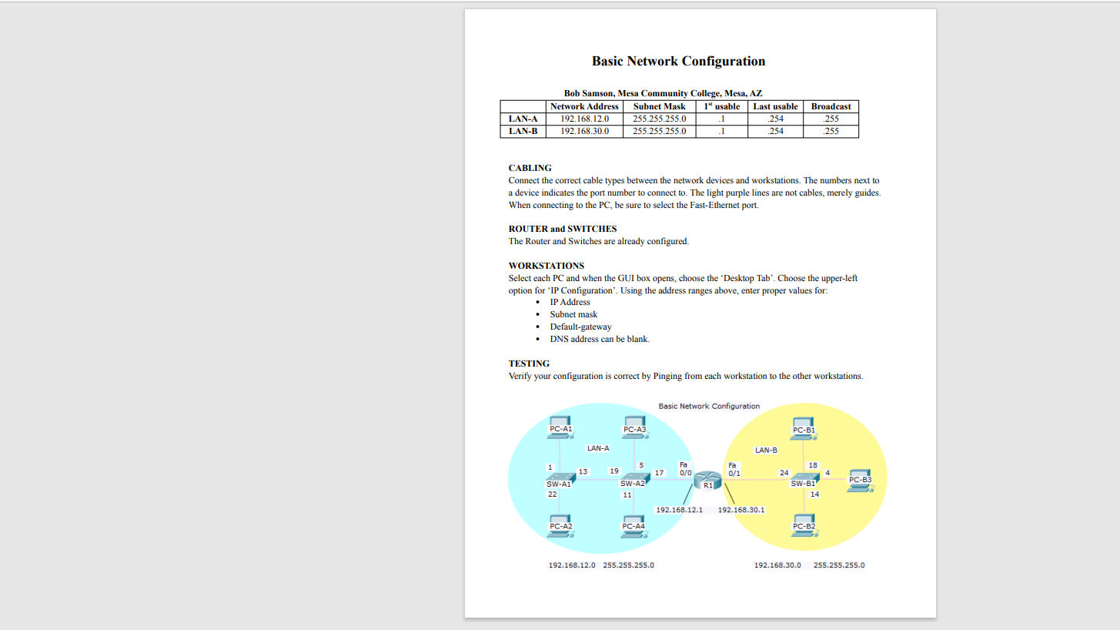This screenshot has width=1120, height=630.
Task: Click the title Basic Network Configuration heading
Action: click(x=678, y=62)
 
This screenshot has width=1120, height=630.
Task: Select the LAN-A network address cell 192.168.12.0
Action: click(x=584, y=119)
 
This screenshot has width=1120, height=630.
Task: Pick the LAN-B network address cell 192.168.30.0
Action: click(x=584, y=131)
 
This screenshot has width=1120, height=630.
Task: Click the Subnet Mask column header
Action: click(x=659, y=106)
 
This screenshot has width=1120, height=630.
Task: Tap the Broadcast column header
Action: click(x=831, y=106)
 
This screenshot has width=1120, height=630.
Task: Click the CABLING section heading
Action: click(x=530, y=168)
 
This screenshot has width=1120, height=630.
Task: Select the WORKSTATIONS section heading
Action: click(x=546, y=266)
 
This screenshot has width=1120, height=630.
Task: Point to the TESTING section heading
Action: click(x=529, y=364)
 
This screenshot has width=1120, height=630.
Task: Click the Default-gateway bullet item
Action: click(x=580, y=327)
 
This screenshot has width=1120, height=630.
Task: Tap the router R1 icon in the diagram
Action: click(x=707, y=480)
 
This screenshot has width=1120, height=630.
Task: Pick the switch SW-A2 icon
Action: click(x=633, y=478)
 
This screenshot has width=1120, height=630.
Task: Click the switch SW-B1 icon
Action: click(x=804, y=478)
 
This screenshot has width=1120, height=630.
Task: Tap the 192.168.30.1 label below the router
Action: click(x=741, y=510)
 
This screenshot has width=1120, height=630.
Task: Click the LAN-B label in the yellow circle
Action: click(x=766, y=450)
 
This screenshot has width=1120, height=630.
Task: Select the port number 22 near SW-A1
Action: click(x=552, y=494)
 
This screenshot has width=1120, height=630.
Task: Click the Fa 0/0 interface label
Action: click(x=684, y=468)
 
